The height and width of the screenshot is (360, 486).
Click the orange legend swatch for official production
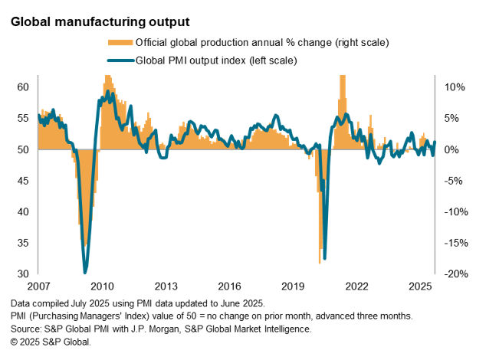click(120, 41)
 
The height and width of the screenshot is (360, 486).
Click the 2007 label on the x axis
click(38, 286)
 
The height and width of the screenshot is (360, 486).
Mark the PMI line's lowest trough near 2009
click(85, 272)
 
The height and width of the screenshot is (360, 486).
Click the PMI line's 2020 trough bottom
click(325, 257)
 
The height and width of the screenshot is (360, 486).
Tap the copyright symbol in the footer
click(15, 341)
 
